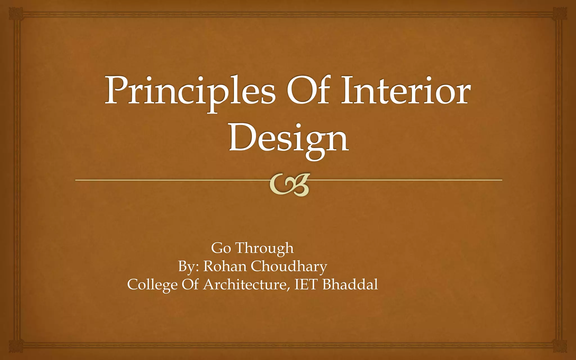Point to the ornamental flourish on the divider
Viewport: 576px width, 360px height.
click(289, 184)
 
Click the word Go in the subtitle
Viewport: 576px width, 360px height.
click(221, 248)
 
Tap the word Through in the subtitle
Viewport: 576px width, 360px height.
click(265, 248)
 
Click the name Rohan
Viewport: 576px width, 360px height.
click(225, 266)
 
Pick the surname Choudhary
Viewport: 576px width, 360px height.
click(289, 267)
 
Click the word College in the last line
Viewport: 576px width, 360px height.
click(152, 285)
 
